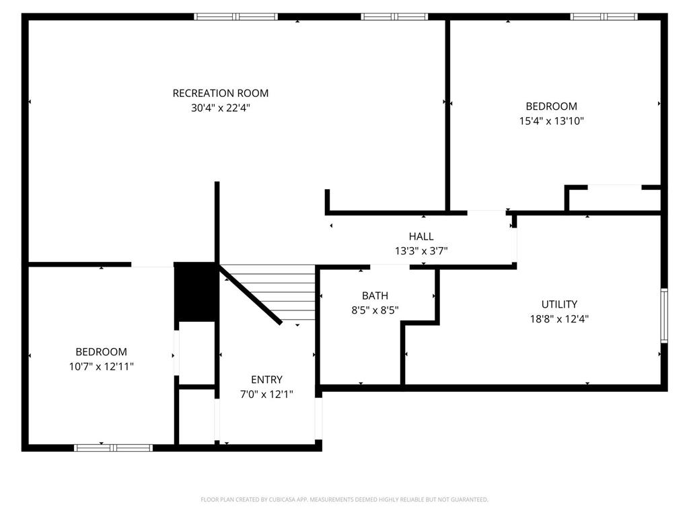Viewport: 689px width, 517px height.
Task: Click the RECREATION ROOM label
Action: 221,94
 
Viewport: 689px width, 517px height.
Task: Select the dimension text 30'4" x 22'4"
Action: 221,108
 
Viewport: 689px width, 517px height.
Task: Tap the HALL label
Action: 421,236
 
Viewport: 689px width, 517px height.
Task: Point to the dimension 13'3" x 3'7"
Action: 421,251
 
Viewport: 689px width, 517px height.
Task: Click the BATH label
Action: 375,296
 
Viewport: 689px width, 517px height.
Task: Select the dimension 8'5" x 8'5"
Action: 375,310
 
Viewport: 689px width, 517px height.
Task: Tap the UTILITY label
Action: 559,304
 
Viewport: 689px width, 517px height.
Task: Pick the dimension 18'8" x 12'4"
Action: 559,319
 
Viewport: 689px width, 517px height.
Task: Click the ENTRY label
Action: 266,380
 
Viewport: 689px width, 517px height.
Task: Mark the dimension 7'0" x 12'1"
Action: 266,394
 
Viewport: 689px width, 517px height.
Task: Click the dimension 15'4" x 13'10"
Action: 551,121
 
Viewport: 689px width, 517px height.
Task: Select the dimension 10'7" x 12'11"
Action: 101,366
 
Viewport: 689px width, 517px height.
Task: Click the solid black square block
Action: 195,291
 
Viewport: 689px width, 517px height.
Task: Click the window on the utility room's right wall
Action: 663,315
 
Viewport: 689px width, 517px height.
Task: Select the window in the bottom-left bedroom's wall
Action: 113,447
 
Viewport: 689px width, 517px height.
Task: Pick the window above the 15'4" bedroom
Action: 604,17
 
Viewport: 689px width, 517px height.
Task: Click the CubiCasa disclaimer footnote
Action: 344,499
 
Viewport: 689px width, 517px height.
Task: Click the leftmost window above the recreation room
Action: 235,17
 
